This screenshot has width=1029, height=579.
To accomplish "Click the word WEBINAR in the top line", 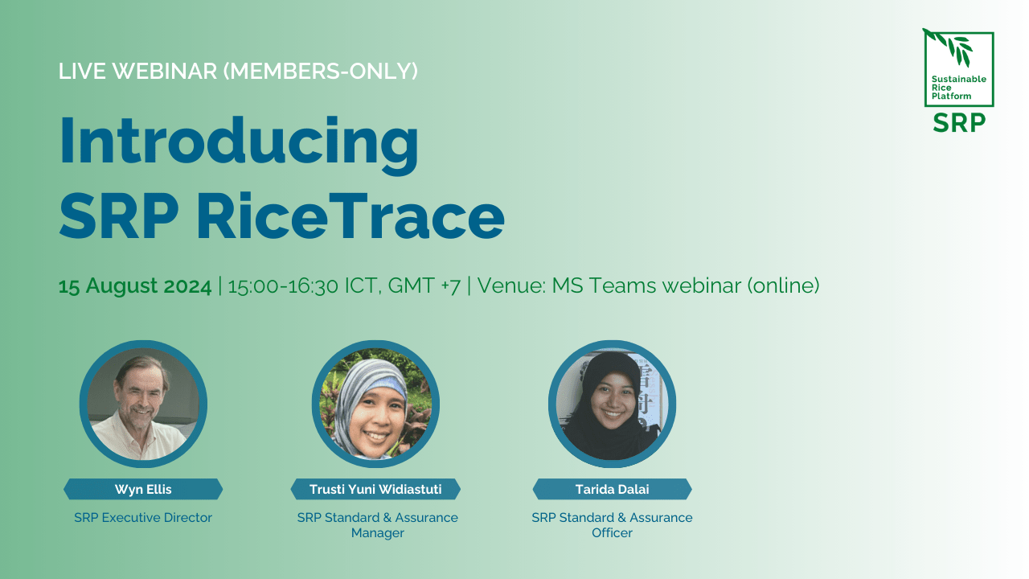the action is point(165,72).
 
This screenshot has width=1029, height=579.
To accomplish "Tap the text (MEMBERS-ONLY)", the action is point(321,72).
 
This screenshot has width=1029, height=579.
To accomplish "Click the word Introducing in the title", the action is point(239,144).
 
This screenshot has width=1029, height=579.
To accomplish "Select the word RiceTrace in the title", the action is point(351,216).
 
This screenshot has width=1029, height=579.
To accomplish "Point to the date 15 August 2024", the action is point(135,285).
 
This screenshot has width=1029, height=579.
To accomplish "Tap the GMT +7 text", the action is point(424,285).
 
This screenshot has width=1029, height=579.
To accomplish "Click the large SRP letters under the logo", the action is point(959,123).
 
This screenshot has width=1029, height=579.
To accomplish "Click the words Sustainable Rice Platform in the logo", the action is point(958,88).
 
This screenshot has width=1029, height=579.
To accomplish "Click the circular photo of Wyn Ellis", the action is point(143,404).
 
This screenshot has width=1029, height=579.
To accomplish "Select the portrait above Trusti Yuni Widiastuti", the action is point(375,404).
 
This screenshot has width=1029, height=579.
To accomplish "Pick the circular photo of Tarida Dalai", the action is point(612,404).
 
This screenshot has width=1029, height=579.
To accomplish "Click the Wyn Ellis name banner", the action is point(143,489).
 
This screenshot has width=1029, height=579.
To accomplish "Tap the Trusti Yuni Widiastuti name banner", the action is point(375,489).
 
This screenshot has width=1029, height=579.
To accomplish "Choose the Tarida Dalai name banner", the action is point(612,489).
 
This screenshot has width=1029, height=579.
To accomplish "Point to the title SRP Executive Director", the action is point(143,517).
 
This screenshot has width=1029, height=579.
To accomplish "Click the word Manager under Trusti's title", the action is point(378,533).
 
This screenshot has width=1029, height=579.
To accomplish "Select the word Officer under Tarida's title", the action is point(612,533).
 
